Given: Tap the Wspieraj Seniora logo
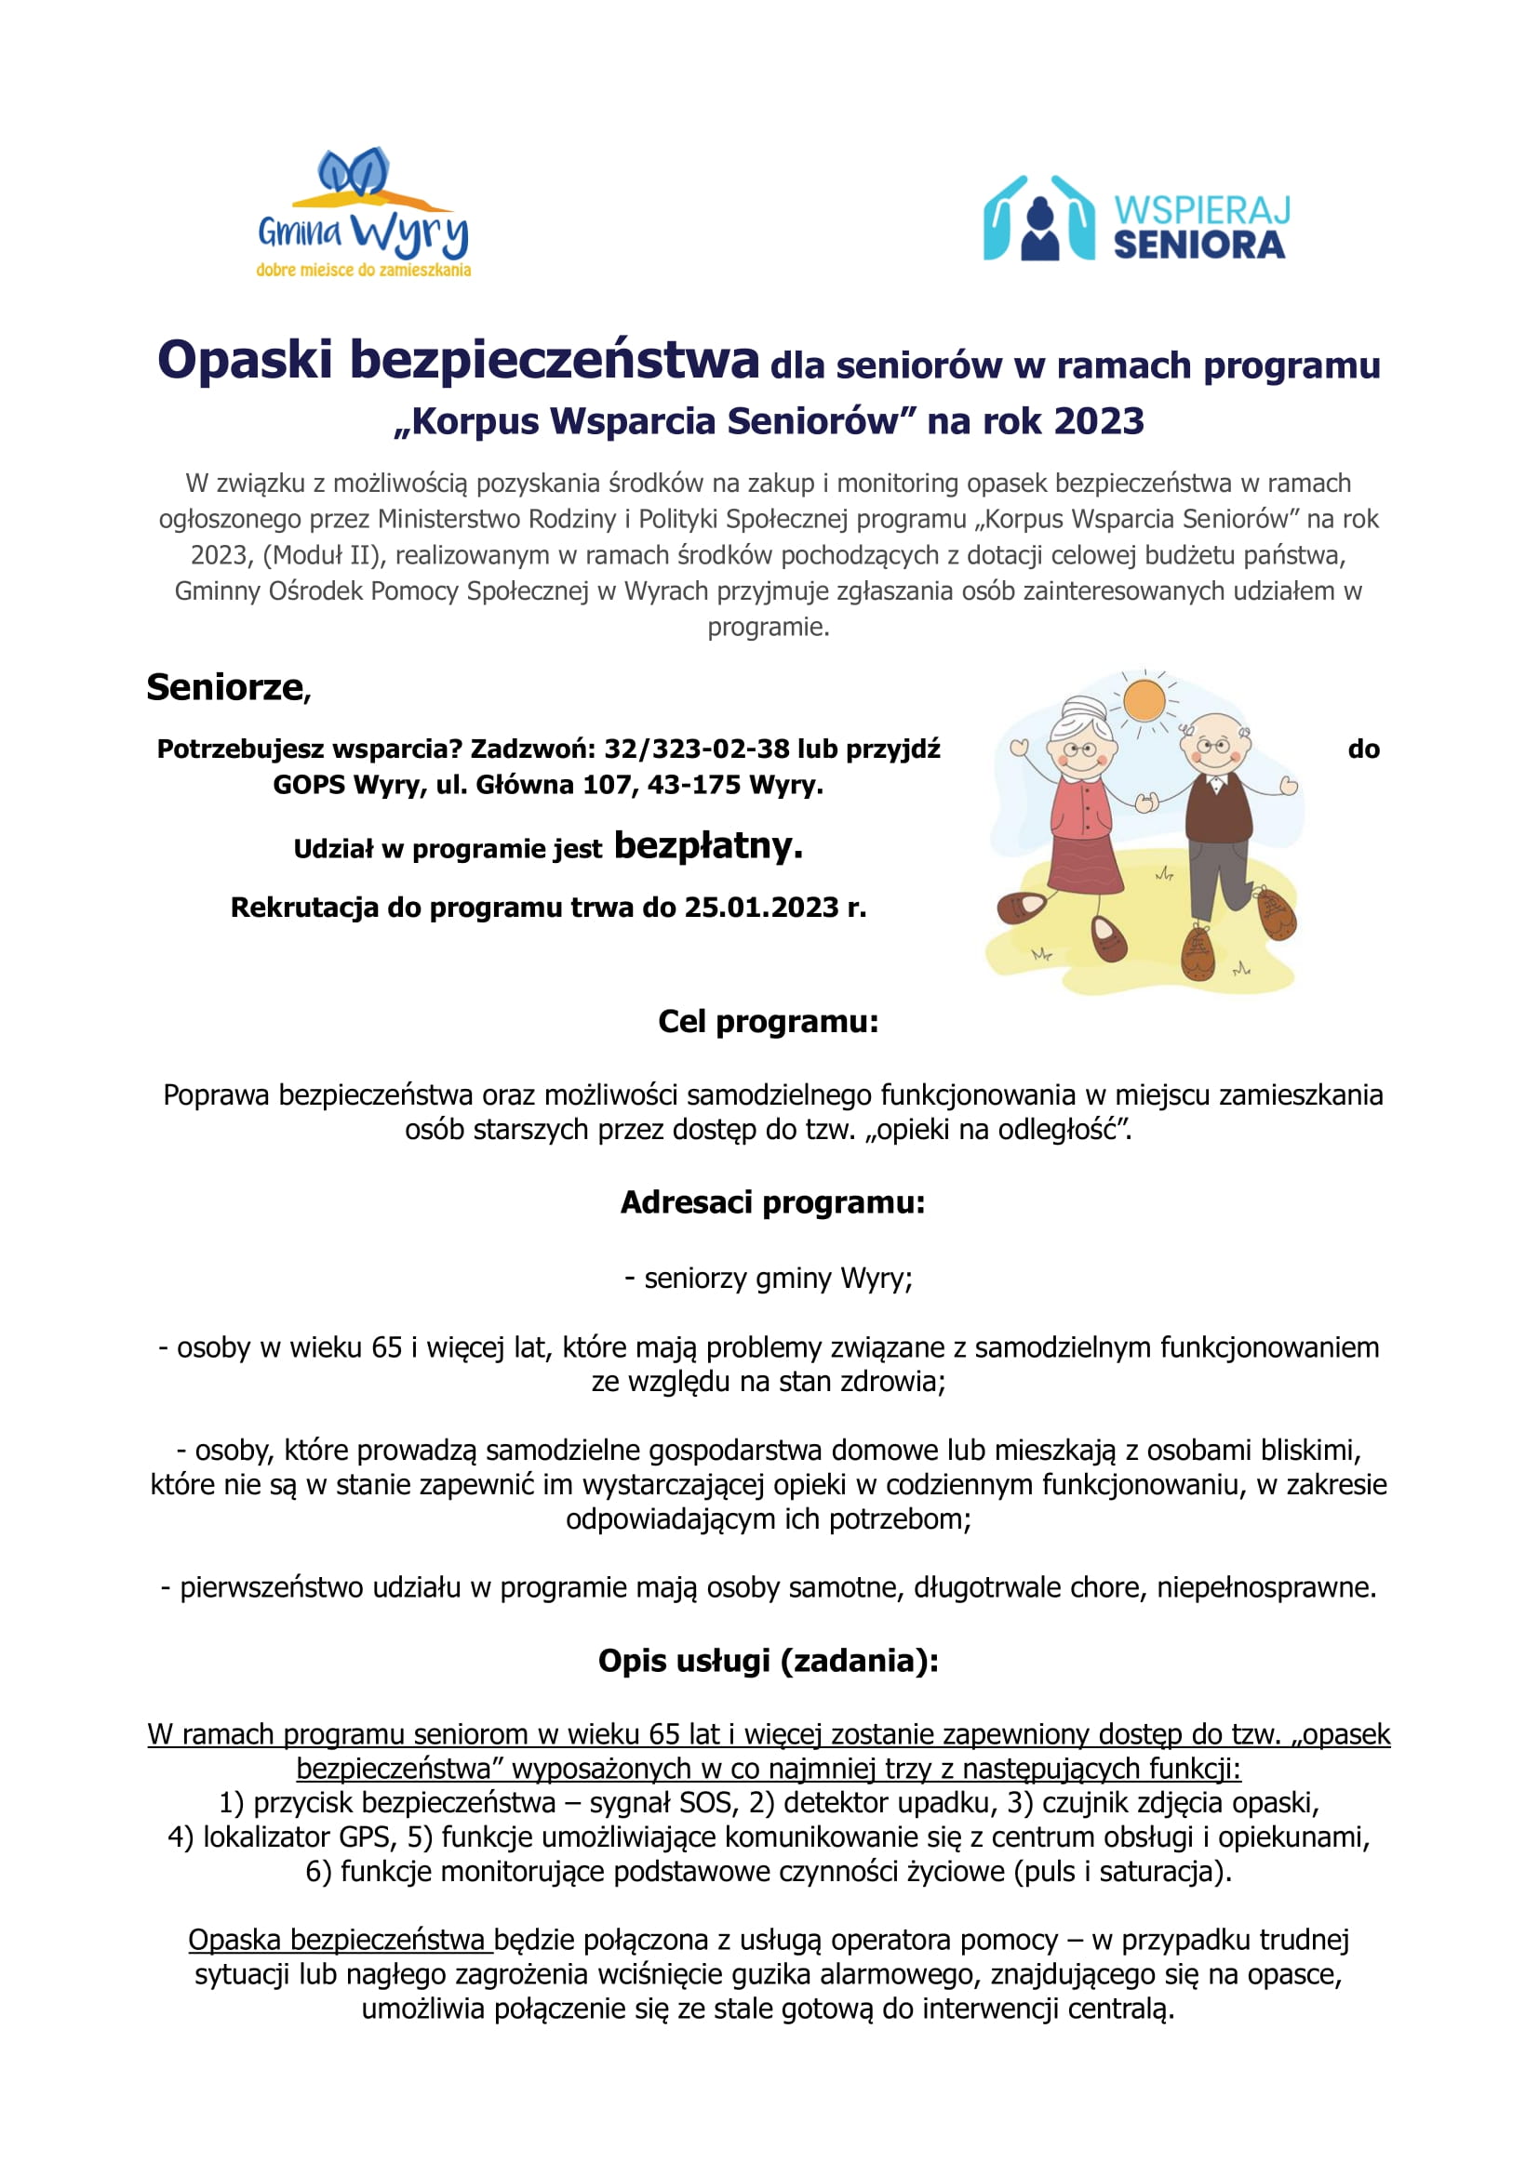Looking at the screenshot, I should point(1135,219).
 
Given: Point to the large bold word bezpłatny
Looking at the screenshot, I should point(708,845).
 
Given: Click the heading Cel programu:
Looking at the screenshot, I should point(768,1022).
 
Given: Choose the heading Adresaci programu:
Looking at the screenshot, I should point(772,1202).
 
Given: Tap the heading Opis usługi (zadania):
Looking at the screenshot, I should point(768,1661).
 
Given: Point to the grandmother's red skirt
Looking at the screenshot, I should point(1087,864).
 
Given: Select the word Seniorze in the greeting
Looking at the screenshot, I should point(224,688).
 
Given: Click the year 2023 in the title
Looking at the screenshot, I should point(1098,420).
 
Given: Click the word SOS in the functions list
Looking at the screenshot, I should point(705,1803).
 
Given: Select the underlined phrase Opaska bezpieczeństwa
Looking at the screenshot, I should point(339,1940).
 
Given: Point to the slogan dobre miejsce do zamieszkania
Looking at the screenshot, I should point(363,271).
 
